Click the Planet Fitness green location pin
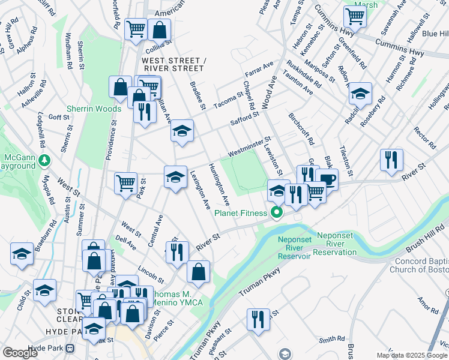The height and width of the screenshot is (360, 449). (277, 213)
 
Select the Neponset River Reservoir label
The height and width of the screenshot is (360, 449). (294, 248)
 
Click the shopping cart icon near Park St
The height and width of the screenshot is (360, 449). (125, 182)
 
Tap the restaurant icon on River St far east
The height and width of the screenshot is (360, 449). (391, 160)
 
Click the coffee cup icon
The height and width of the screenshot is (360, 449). (327, 179)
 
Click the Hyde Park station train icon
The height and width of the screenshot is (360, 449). (70, 348)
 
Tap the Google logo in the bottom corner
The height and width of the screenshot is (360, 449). (20, 353)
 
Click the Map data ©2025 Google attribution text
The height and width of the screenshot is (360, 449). (412, 355)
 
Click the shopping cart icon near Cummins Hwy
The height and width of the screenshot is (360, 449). (355, 17)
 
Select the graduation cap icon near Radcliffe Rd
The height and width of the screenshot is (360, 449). (361, 94)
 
